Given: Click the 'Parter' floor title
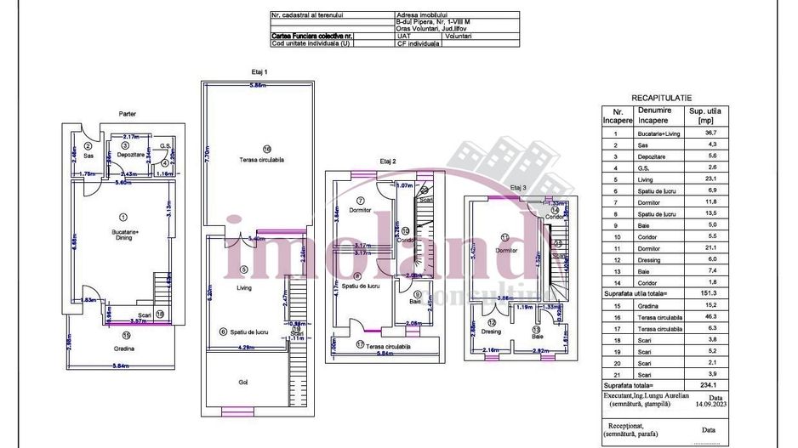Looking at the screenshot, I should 128,113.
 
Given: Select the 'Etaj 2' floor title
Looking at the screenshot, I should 387,160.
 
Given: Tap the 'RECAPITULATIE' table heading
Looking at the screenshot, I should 661,99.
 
